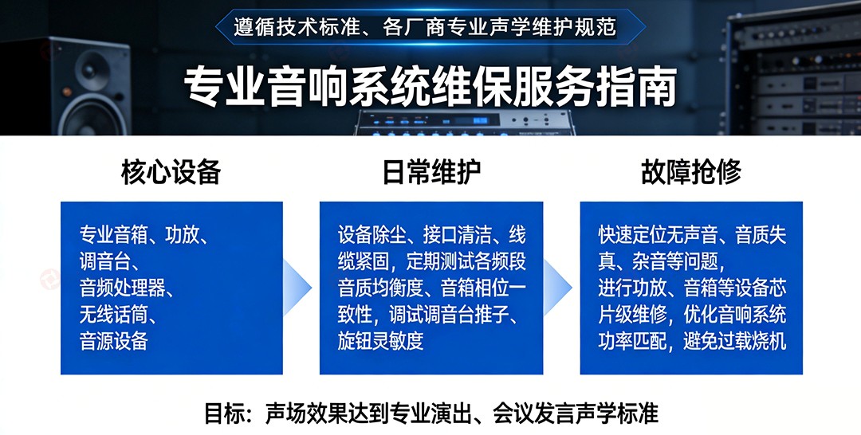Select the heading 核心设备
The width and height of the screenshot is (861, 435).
pyautogui.click(x=171, y=172)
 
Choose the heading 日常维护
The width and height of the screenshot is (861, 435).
pyautogui.click(x=431, y=172)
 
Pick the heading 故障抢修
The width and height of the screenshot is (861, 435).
pyautogui.click(x=690, y=172)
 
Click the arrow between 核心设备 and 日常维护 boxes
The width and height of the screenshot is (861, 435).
pyautogui.click(x=299, y=287)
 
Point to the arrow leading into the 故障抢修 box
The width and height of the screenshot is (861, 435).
pyautogui.click(x=560, y=287)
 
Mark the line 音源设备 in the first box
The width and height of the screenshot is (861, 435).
pyautogui.click(x=114, y=341)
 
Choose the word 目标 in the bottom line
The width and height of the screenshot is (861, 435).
pyautogui.click(x=222, y=414)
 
